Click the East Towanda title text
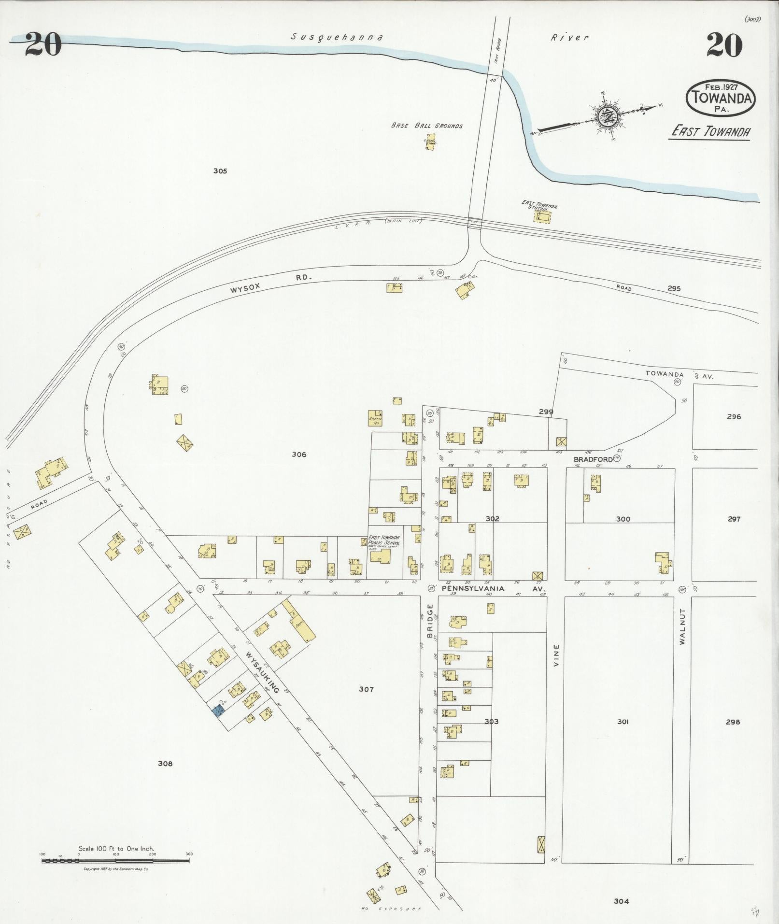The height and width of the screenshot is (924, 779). point(709,131)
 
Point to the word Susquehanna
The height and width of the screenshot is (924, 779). point(337,37)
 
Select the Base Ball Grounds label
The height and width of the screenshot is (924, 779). point(426,126)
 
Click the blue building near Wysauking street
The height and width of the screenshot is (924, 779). point(218,710)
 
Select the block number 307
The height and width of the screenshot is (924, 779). point(366,689)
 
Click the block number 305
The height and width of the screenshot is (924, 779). point(220,171)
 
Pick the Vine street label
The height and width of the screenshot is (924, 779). point(556,655)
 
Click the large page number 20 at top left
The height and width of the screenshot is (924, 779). point(42,44)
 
